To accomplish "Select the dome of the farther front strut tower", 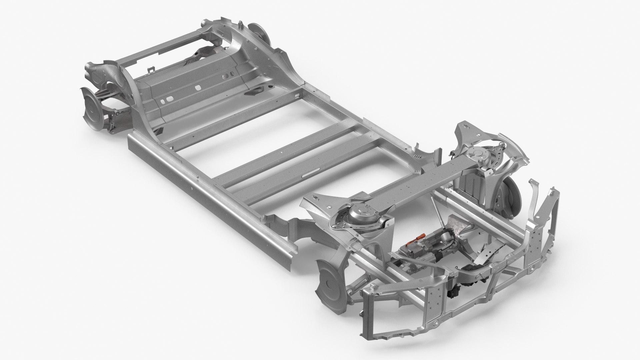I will [478, 156].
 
